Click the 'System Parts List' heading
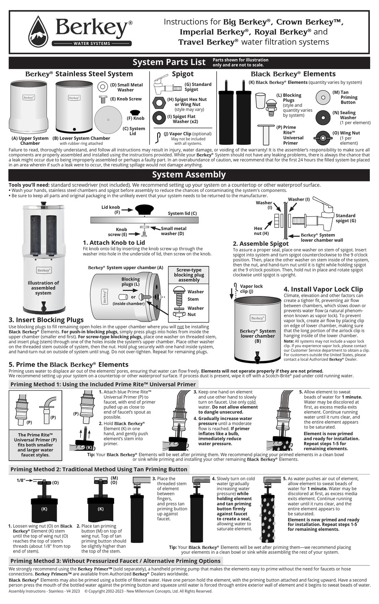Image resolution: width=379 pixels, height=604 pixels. point(169,62)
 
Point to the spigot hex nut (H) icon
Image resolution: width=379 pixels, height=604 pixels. point(159,102)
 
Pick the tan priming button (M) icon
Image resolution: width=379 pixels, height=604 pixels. point(323,97)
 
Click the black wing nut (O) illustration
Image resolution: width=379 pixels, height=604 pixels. point(322,138)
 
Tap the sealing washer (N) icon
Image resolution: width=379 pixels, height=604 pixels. point(323,117)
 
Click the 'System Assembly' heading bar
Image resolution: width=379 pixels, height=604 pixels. point(189,175)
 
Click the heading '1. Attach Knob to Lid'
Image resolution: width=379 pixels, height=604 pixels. point(114,243)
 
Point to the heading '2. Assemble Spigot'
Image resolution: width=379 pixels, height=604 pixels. point(261,243)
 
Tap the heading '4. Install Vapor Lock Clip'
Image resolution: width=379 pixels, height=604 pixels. point(323,289)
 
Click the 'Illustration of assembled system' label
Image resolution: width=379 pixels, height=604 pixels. point(43,288)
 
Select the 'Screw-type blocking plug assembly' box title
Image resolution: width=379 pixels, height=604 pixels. point(189,275)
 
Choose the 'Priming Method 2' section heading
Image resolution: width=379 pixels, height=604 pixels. point(99,469)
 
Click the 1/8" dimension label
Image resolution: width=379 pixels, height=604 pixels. point(21,480)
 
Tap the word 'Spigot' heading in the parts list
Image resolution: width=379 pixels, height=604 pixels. point(182,74)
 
